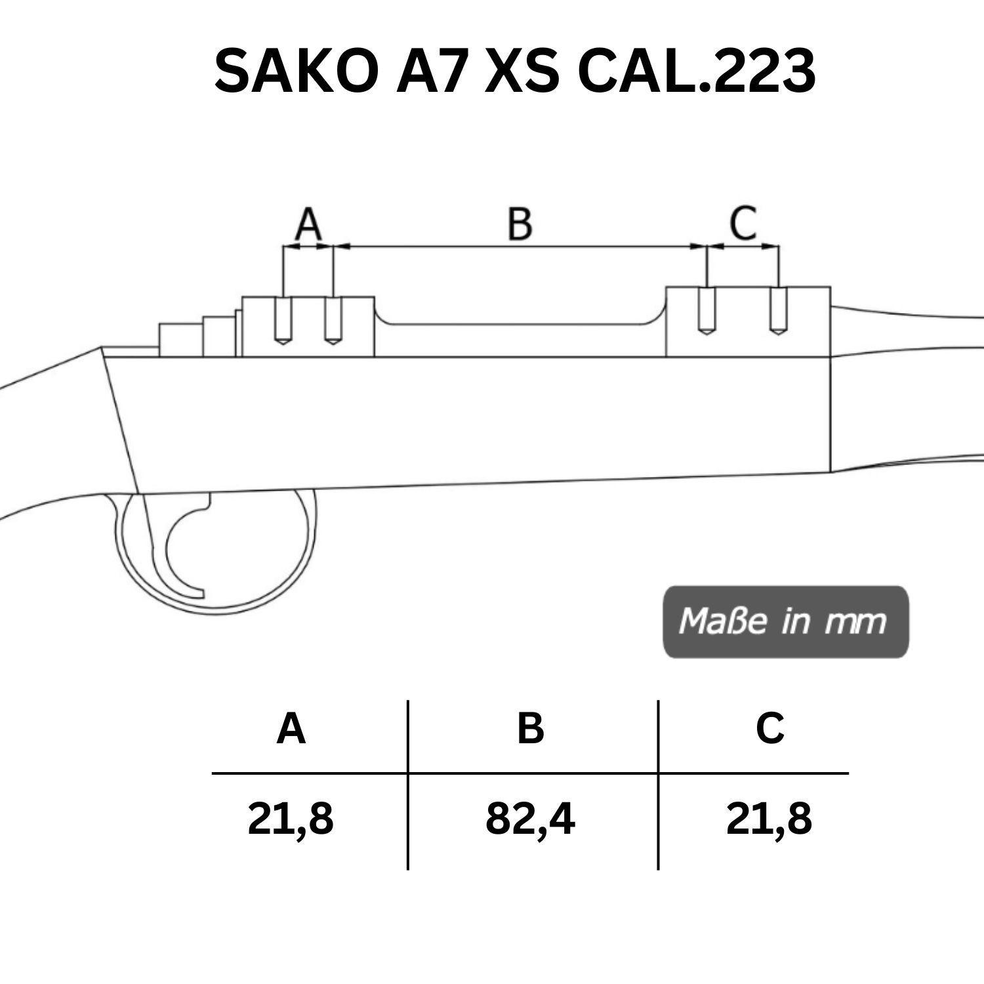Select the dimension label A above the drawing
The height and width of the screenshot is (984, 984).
308,224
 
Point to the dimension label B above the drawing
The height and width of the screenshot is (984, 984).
520,224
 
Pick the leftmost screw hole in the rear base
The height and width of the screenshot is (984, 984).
283,320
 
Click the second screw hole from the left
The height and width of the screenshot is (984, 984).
333,320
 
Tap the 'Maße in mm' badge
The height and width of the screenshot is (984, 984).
785,621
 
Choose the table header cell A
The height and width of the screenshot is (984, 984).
291,729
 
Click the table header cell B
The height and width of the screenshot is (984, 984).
531,729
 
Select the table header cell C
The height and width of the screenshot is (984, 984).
770,729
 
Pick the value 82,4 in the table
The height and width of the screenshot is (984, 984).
531,819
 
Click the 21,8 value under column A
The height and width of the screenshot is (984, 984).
291,819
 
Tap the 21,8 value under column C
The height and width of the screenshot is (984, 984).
769,819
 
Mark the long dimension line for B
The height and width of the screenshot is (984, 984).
520,247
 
